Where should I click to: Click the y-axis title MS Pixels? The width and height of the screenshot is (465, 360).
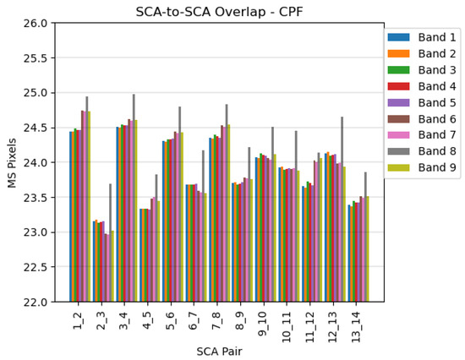12,162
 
